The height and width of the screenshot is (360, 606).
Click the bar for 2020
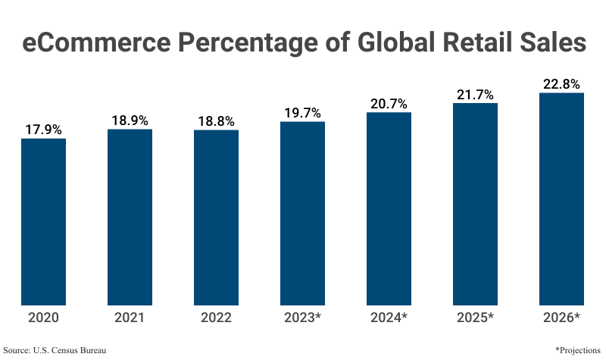pyautogui.click(x=43, y=221)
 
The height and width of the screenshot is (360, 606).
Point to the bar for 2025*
pyautogui.click(x=475, y=204)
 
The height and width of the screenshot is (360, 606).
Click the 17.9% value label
pyautogui.click(x=43, y=130)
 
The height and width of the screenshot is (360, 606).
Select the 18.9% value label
pyautogui.click(x=130, y=121)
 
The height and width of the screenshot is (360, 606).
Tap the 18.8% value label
pyautogui.click(x=216, y=121)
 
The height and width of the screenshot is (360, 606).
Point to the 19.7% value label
pyautogui.click(x=302, y=113)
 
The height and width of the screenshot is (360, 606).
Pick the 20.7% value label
pyautogui.click(x=389, y=104)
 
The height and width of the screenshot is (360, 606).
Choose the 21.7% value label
pyautogui.click(x=475, y=95)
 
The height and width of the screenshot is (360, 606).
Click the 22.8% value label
pyautogui.click(x=561, y=84)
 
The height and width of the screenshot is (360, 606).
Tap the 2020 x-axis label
pyautogui.click(x=43, y=318)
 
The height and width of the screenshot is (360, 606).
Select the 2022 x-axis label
pyautogui.click(x=216, y=318)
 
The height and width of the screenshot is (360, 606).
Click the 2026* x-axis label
pyautogui.click(x=561, y=318)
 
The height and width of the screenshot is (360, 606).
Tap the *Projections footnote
pyautogui.click(x=577, y=350)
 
